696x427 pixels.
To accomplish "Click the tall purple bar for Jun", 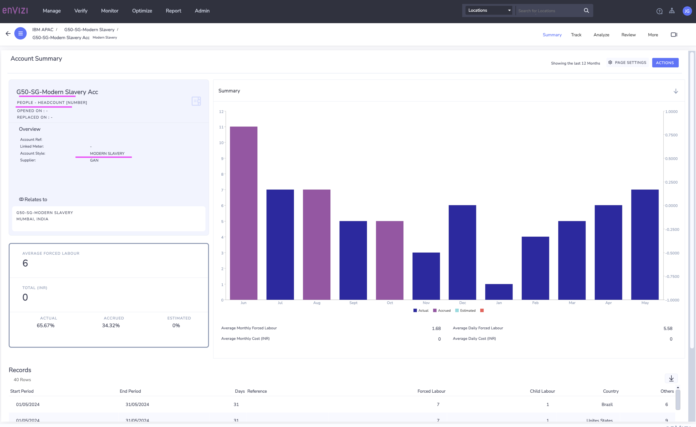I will click(x=243, y=213).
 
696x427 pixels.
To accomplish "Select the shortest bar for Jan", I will click(x=499, y=292).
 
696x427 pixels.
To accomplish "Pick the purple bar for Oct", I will click(x=389, y=260).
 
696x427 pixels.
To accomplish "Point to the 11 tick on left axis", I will click(x=221, y=127).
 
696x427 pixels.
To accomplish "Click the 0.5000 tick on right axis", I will click(x=671, y=159).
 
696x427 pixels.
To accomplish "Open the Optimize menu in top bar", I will click(x=142, y=11).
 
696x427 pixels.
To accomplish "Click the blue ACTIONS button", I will click(x=665, y=63).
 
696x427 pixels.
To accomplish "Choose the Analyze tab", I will click(x=601, y=35).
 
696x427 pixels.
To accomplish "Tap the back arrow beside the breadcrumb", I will click(x=8, y=34).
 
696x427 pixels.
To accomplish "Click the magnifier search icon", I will click(x=586, y=11).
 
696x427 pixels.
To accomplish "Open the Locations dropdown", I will click(x=489, y=11).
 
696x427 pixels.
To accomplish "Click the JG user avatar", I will click(x=687, y=11).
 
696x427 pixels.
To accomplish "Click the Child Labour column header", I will click(x=542, y=391).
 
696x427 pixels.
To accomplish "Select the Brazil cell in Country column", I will click(x=607, y=404).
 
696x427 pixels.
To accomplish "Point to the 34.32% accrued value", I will click(x=111, y=325).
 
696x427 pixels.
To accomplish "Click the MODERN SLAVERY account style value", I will click(x=107, y=153).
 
